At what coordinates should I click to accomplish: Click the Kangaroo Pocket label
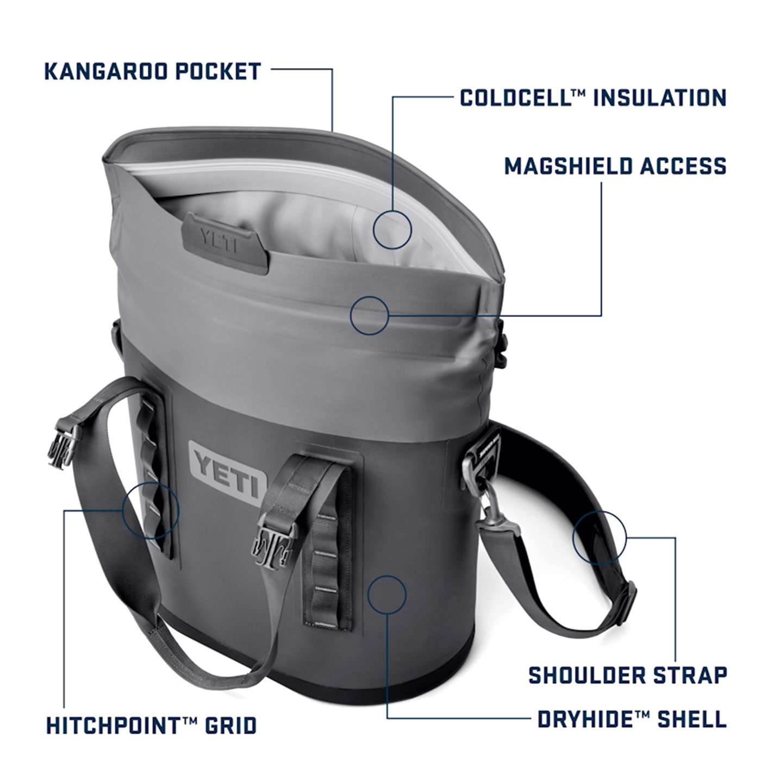153,72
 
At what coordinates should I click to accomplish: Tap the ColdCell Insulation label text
593,98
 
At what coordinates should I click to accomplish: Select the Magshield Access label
615,166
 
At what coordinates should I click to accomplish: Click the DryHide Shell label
632,719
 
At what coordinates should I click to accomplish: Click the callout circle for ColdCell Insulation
392,229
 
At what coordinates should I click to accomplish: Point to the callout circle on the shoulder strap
599,538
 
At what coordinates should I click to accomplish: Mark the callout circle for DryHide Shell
387,595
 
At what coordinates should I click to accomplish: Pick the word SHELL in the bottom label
692,719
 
